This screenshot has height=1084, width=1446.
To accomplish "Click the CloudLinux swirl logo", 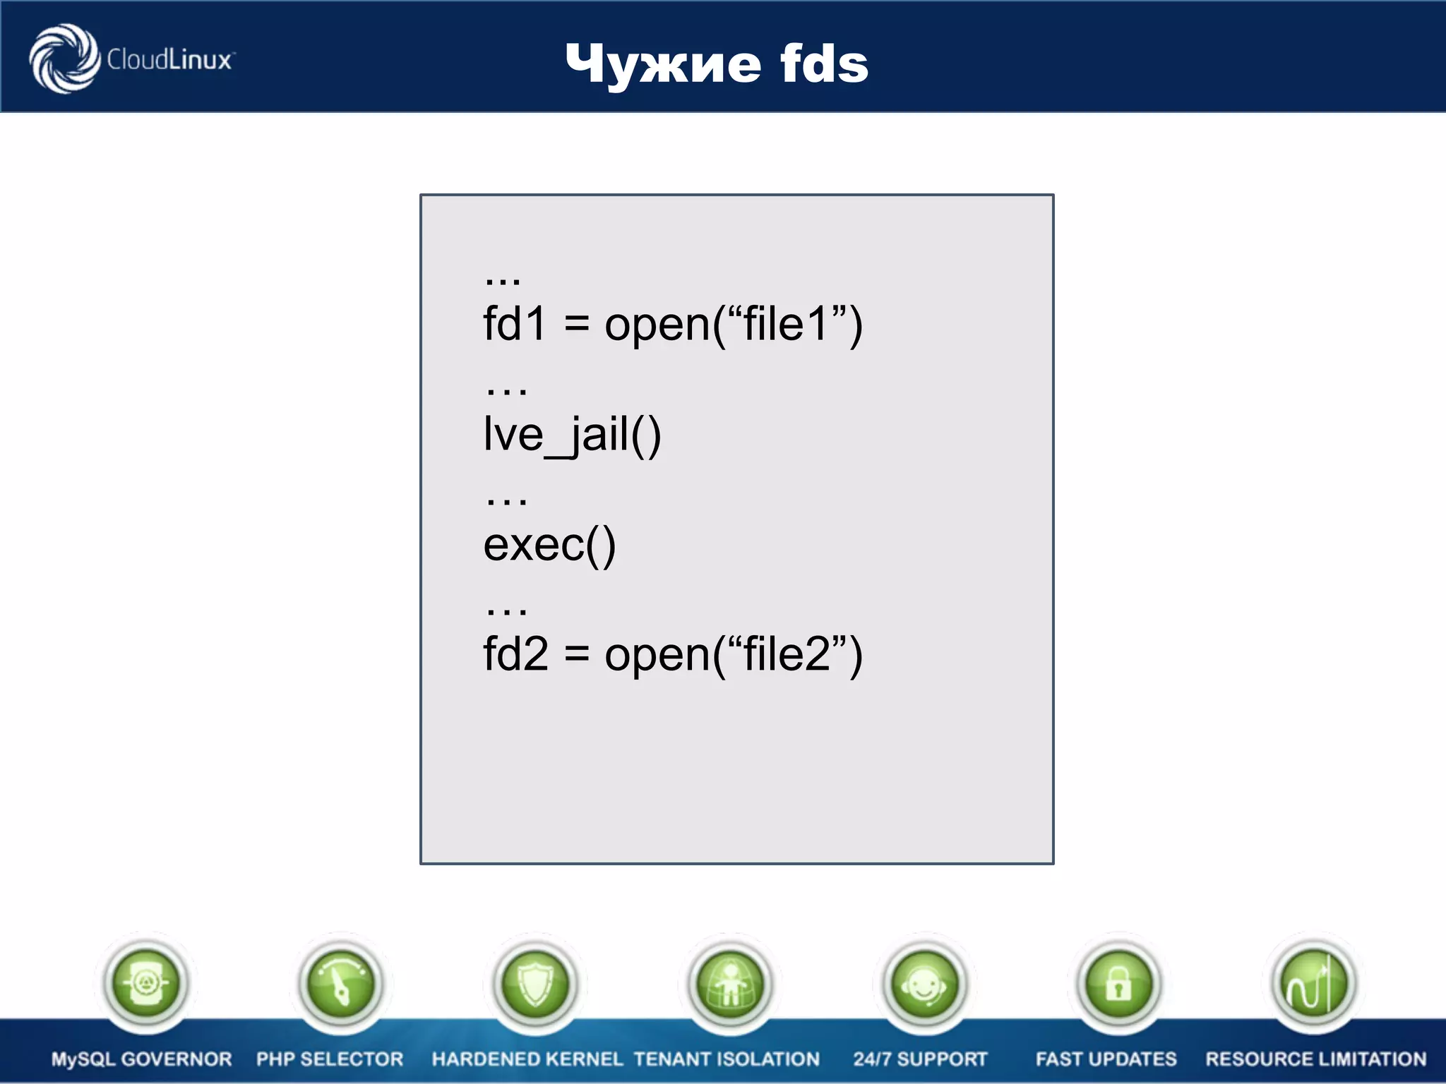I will (x=64, y=59).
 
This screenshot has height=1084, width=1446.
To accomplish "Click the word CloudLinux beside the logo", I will (x=169, y=60).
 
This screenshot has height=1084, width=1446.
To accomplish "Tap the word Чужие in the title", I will (x=663, y=64).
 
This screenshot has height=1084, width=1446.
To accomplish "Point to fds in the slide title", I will (x=824, y=64).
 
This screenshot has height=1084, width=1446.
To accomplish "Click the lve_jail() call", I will (x=572, y=434).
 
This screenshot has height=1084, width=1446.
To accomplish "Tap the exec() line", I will (x=549, y=545).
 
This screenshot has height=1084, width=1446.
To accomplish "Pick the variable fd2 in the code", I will (x=515, y=654).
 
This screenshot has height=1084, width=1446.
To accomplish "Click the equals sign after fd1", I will (x=576, y=325).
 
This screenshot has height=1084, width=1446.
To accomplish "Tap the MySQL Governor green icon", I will (x=145, y=983).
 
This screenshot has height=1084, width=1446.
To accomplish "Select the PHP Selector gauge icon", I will (x=341, y=983).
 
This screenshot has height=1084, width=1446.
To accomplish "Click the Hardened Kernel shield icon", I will (x=535, y=983).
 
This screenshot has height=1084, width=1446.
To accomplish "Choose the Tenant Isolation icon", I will (x=729, y=983).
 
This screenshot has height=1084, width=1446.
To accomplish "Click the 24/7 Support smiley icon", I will (x=924, y=983).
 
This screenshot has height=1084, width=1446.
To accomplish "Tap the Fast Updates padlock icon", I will (x=1118, y=983).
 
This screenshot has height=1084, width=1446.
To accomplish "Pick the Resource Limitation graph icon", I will (x=1313, y=983).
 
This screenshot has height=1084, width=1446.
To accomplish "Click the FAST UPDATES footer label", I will (x=1106, y=1059).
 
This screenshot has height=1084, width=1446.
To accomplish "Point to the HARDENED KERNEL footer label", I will (x=527, y=1059).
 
